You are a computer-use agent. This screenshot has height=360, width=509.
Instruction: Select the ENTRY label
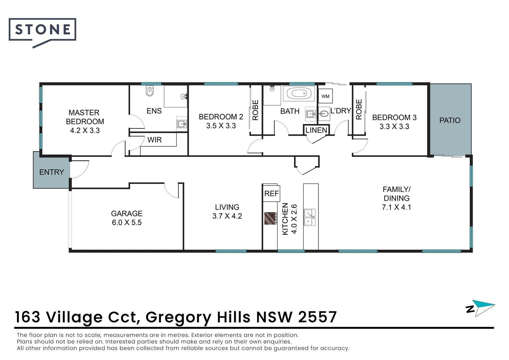(51, 172)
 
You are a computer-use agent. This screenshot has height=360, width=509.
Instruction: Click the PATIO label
(450, 120)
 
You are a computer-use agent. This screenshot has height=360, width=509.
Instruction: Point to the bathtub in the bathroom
(299, 94)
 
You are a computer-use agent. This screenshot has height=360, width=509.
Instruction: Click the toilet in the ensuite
(150, 91)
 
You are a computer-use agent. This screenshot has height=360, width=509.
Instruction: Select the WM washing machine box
(325, 96)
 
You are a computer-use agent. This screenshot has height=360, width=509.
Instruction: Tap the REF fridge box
(271, 193)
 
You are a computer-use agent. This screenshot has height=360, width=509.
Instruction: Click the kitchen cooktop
(270, 218)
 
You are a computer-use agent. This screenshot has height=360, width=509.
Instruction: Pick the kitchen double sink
(309, 217)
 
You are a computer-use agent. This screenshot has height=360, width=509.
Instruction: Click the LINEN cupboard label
(316, 130)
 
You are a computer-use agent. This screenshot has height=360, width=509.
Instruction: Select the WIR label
(155, 140)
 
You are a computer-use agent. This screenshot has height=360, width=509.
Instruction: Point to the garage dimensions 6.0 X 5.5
(127, 223)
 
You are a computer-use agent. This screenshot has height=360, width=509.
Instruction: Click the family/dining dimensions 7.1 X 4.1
(396, 207)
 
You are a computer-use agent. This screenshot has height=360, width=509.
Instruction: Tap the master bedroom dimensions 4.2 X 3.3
(85, 131)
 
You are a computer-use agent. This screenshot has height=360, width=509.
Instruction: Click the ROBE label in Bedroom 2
(255, 110)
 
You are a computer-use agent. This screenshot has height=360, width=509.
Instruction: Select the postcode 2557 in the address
(317, 317)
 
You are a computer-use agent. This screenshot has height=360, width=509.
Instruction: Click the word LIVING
(227, 207)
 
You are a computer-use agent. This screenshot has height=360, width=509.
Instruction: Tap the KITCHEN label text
(285, 219)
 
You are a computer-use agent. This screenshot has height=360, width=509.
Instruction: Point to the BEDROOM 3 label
(394, 118)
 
